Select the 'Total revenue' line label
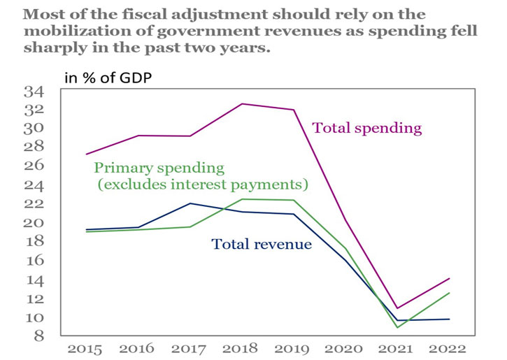click(262, 245)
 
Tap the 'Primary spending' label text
click(159, 168)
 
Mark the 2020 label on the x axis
click(344, 347)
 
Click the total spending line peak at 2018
click(242, 103)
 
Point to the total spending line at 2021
click(397, 308)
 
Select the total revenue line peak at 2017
click(191, 203)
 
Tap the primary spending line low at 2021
click(397, 327)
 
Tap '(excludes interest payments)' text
click(203, 185)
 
